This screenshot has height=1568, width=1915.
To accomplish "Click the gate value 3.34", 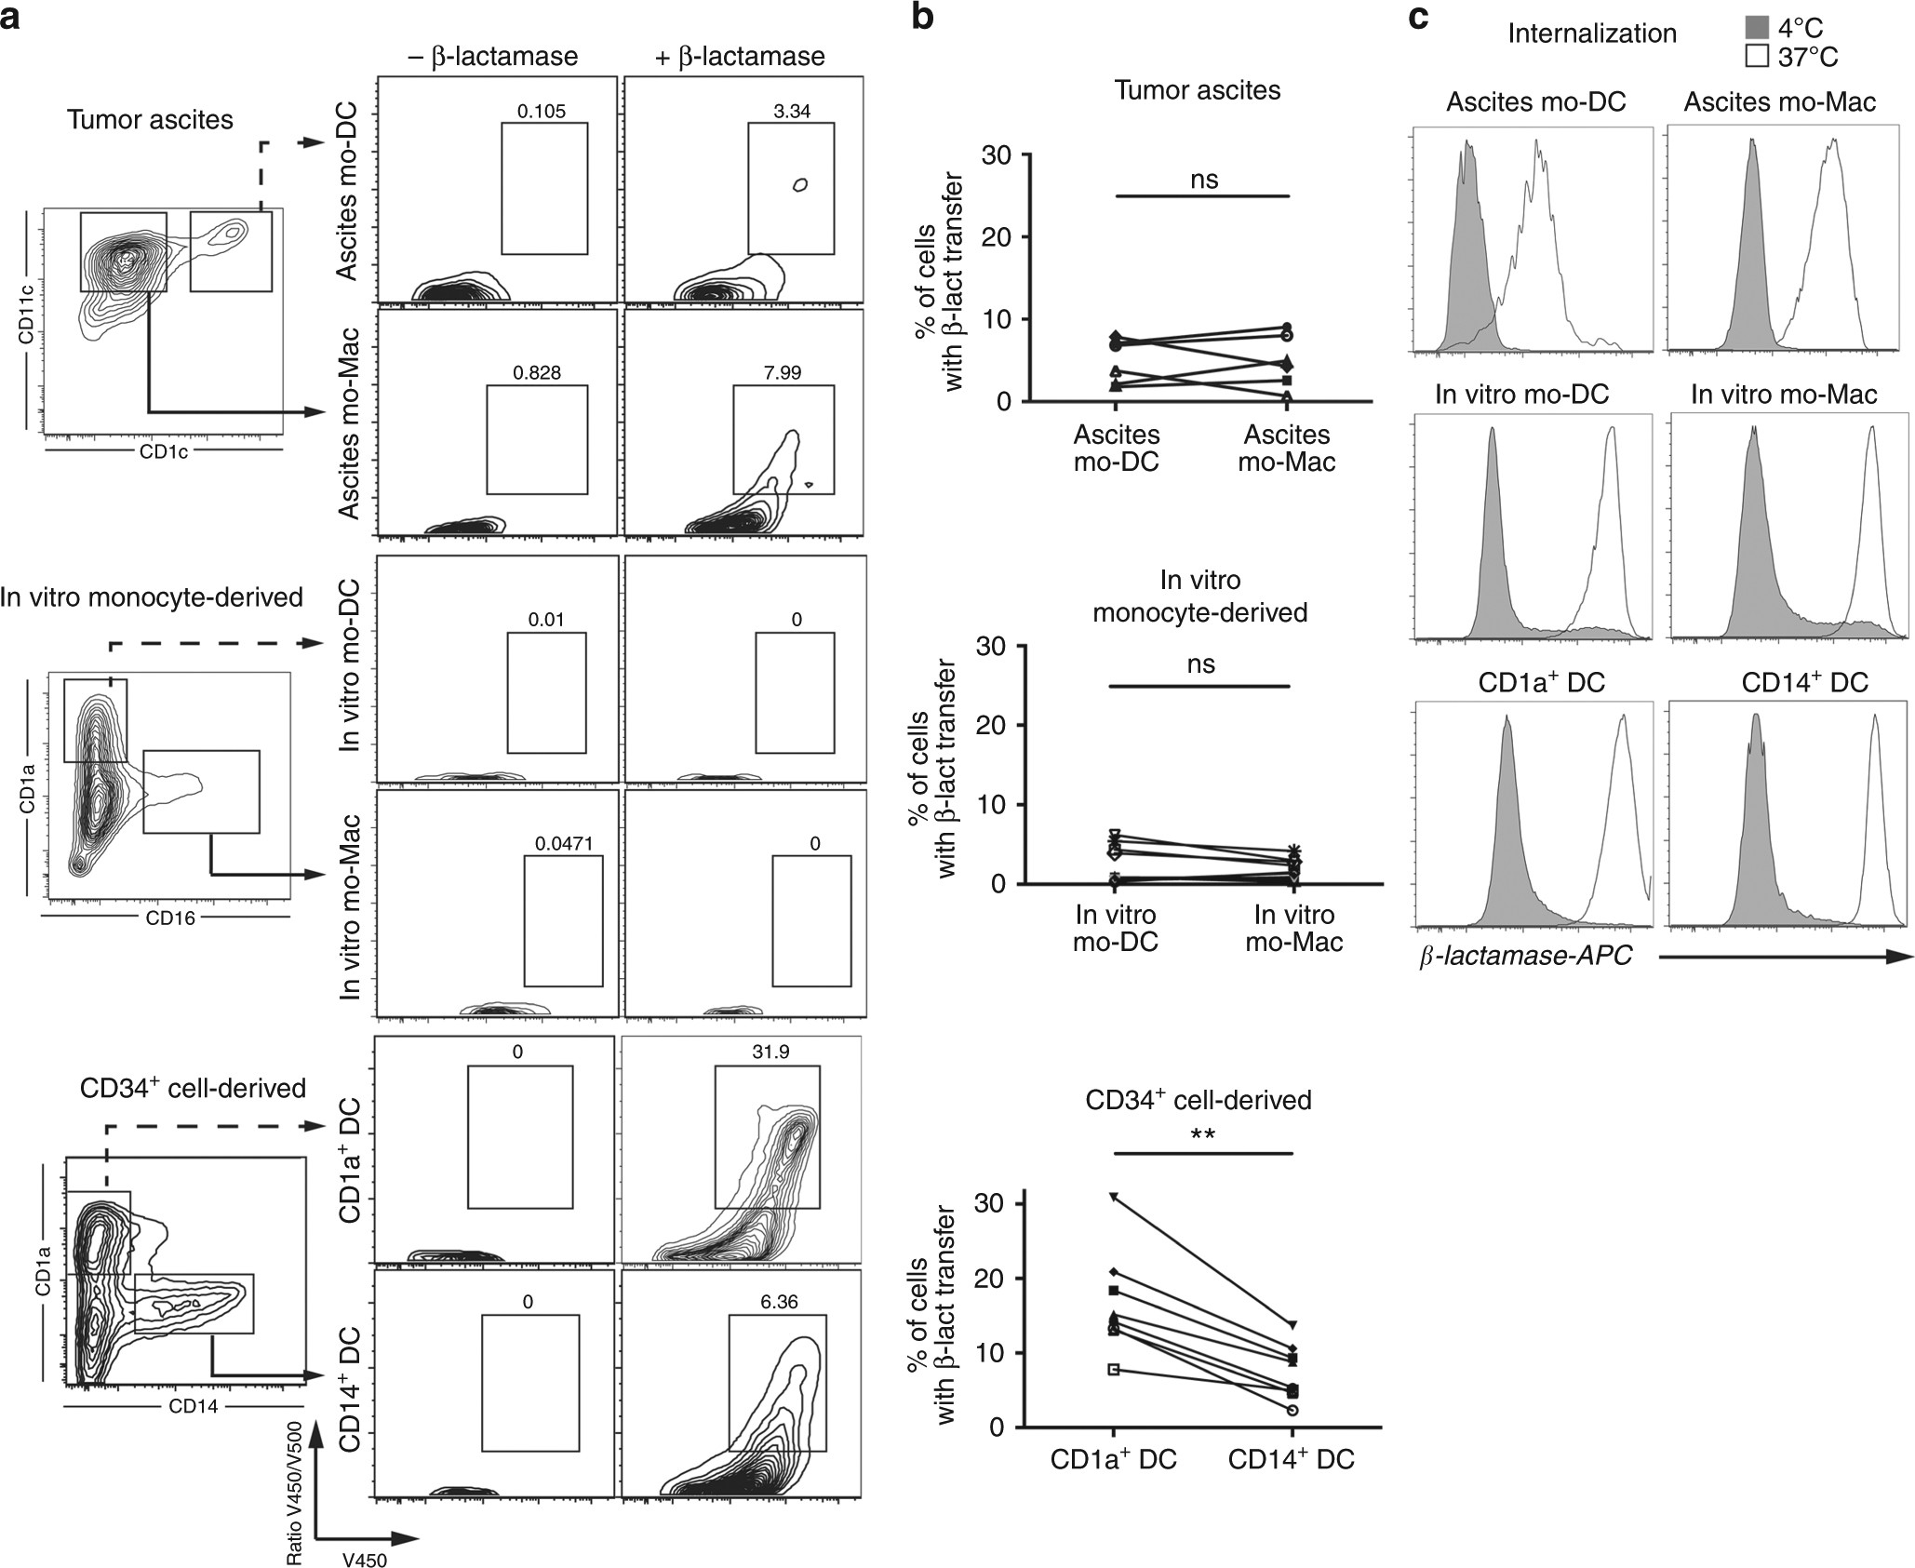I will click(x=792, y=112).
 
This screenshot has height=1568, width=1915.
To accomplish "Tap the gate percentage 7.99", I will click(x=782, y=373).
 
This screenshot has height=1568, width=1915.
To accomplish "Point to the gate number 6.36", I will click(x=779, y=1302).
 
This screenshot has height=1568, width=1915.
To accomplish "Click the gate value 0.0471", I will click(x=563, y=844).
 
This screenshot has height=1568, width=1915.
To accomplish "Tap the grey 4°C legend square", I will click(x=1758, y=28).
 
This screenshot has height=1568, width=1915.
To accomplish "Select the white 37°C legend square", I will click(x=1758, y=57).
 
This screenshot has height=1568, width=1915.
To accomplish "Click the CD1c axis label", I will click(x=163, y=452).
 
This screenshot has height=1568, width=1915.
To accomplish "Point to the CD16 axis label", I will click(x=170, y=918).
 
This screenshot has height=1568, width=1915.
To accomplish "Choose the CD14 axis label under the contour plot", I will click(x=194, y=1406).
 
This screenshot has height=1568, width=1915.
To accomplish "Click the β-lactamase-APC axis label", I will click(x=1525, y=957).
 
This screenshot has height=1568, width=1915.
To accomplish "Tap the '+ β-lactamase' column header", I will click(x=740, y=57).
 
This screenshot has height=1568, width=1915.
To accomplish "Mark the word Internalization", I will click(x=1592, y=34).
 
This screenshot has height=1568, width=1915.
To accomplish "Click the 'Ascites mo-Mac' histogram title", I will click(x=1779, y=101).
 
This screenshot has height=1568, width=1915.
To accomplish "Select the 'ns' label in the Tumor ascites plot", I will click(x=1204, y=180).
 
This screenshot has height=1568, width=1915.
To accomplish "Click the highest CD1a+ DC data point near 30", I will click(x=1114, y=1197).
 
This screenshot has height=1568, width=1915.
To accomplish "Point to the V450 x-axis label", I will click(x=365, y=1561).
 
